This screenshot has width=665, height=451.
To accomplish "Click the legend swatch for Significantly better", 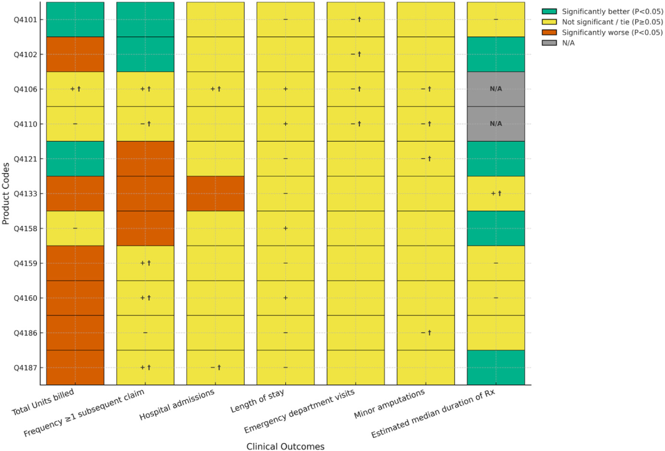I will click(x=549, y=12).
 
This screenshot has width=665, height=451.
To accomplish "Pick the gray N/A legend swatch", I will click(x=549, y=43).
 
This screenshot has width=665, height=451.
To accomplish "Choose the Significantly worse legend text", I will click(x=612, y=33).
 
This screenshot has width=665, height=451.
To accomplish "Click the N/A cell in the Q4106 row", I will click(x=496, y=89).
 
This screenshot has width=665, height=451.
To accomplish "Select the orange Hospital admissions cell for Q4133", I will click(x=215, y=194).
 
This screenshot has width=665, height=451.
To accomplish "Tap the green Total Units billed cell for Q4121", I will click(x=75, y=158).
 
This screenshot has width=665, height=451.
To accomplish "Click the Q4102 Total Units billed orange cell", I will click(x=75, y=54).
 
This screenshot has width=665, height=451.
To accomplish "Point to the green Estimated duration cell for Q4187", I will click(x=496, y=367).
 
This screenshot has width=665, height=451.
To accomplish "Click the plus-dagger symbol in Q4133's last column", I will click(x=496, y=194).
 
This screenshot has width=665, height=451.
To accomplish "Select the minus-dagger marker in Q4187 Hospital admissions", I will click(x=216, y=367).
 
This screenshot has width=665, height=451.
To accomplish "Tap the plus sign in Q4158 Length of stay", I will click(x=286, y=228).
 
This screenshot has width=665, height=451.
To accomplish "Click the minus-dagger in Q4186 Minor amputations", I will click(x=426, y=333).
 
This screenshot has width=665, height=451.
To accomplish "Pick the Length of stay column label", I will click(x=258, y=401).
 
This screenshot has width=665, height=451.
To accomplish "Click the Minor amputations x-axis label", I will click(x=389, y=404).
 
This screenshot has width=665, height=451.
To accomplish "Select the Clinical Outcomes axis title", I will click(x=285, y=446).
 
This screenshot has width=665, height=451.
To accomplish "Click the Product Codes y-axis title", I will click(x=6, y=194).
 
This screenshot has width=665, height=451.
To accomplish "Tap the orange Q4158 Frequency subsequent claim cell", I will click(x=145, y=228).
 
